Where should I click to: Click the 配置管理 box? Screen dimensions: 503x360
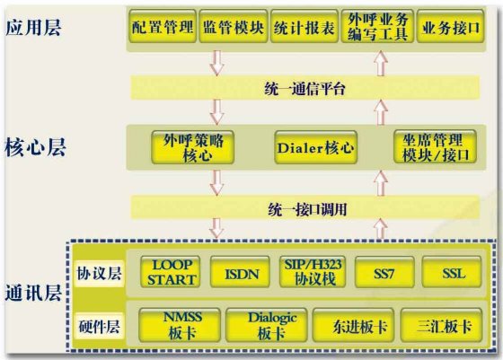click(x=163, y=26)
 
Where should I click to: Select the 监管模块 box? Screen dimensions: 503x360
click(x=234, y=26)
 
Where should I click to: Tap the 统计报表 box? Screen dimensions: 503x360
click(x=304, y=26)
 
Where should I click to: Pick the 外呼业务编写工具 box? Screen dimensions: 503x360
click(x=377, y=26)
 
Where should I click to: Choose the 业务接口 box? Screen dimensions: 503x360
click(x=450, y=26)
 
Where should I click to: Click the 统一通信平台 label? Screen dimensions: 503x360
click(x=304, y=89)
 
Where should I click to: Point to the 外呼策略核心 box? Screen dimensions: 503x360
click(x=193, y=147)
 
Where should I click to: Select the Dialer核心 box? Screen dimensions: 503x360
click(x=316, y=147)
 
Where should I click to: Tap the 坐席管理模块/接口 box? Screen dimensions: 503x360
click(x=435, y=147)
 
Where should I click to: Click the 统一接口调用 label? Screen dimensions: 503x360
click(x=307, y=210)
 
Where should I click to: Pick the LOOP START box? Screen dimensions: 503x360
click(x=171, y=272)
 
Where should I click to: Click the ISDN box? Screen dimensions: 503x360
click(x=240, y=272)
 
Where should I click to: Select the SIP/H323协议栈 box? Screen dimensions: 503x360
click(x=313, y=272)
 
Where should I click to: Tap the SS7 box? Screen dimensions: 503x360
click(x=384, y=272)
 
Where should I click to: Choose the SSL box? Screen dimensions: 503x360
click(x=452, y=272)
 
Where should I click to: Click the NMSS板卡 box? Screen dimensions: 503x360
click(x=180, y=325)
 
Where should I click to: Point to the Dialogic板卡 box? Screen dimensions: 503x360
click(x=267, y=325)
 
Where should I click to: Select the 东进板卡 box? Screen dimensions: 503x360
click(x=353, y=325)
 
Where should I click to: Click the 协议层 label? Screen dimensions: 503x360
click(x=99, y=274)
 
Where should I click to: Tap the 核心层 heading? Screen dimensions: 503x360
click(x=35, y=147)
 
